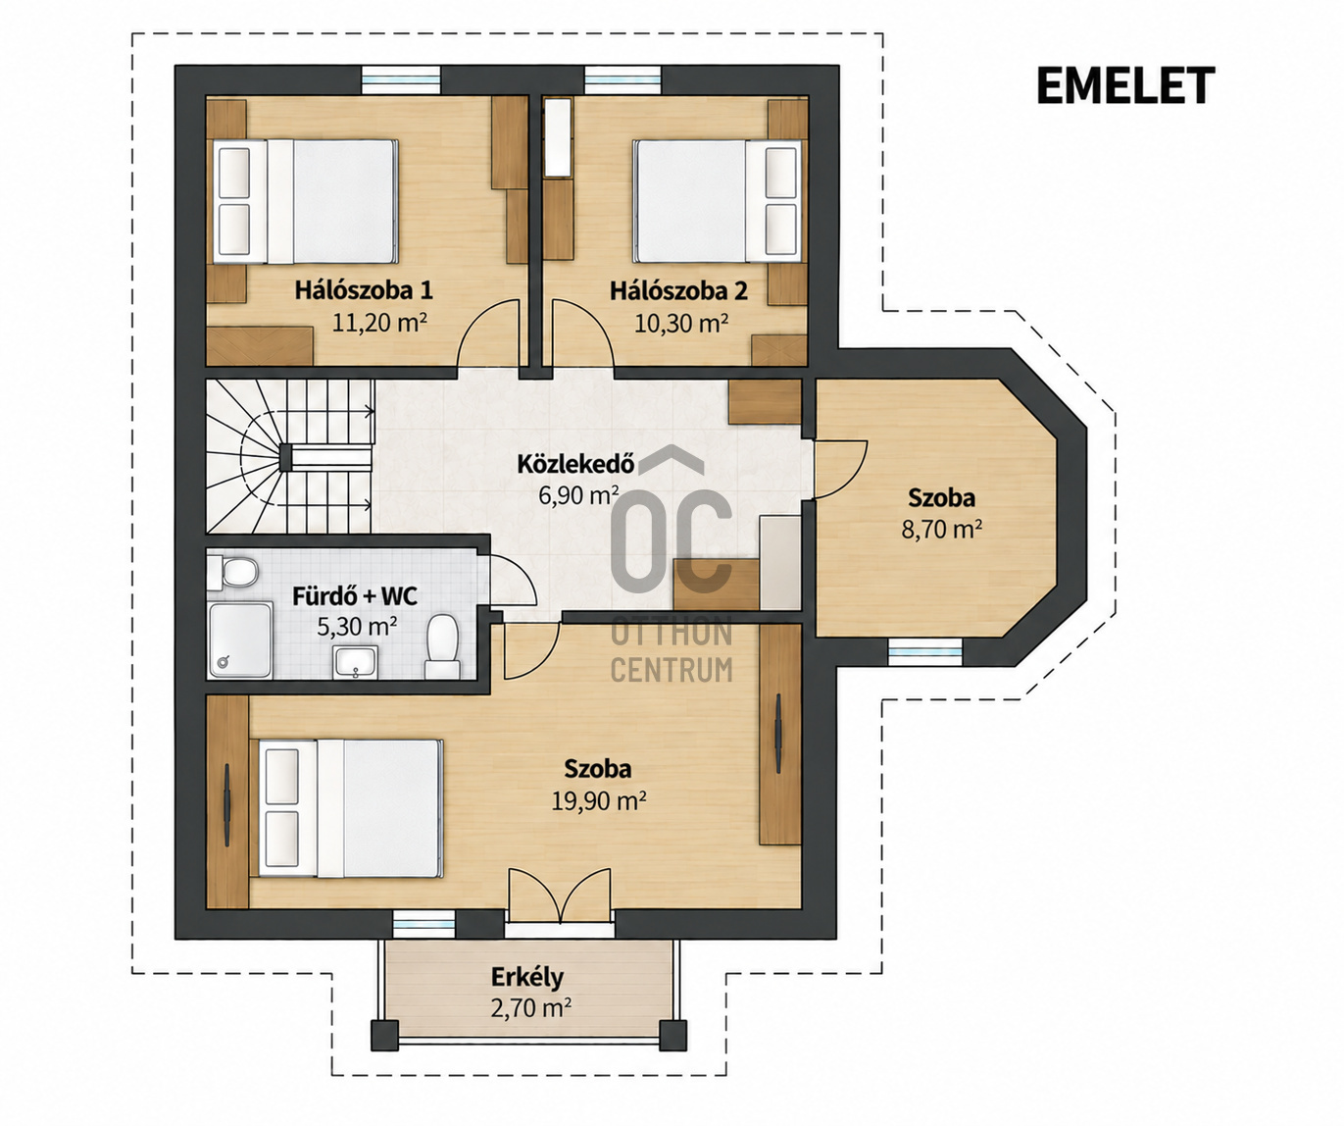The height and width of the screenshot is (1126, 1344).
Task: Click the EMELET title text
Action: click(x=1125, y=85)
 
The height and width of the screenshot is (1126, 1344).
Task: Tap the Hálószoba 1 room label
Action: click(x=364, y=290)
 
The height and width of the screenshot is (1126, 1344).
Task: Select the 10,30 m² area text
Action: click(x=681, y=323)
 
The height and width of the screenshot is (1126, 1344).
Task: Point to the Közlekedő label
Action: click(x=576, y=464)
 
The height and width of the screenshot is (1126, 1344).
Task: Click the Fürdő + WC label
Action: click(x=355, y=595)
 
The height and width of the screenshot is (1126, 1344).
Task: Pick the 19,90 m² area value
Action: click(x=599, y=800)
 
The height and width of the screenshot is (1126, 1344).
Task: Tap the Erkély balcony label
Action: click(x=527, y=977)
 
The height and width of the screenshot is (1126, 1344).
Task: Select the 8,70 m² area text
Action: click(x=942, y=530)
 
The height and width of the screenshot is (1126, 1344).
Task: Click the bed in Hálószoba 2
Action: click(x=717, y=202)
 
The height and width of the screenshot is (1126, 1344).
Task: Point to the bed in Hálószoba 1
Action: click(x=305, y=202)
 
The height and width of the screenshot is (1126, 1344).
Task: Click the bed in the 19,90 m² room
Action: click(x=351, y=808)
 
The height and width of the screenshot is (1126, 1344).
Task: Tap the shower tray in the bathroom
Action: click(x=239, y=640)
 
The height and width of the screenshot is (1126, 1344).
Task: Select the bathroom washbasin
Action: click(x=355, y=663)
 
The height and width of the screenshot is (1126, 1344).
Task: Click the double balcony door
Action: click(x=560, y=896)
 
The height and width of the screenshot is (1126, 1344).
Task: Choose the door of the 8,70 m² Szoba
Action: click(x=840, y=469)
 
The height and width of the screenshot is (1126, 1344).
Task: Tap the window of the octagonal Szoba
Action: click(x=925, y=652)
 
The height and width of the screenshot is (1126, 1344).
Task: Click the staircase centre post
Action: click(x=285, y=457)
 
